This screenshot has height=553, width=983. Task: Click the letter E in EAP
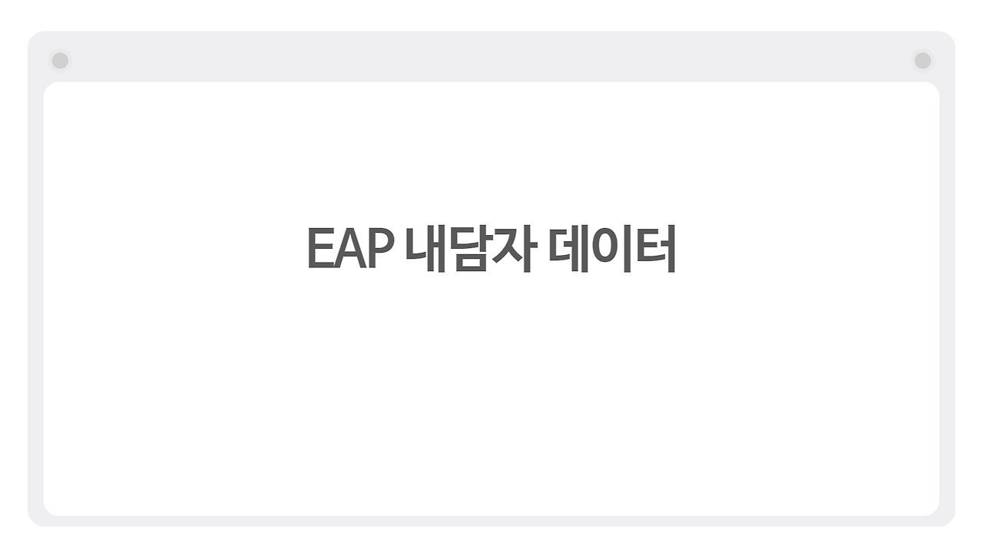click(319, 249)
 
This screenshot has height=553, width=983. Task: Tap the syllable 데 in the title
click(569, 249)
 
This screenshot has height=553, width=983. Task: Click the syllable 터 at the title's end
click(655, 249)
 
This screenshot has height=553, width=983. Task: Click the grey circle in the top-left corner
click(60, 60)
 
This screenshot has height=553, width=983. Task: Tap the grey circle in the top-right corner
click(922, 60)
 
